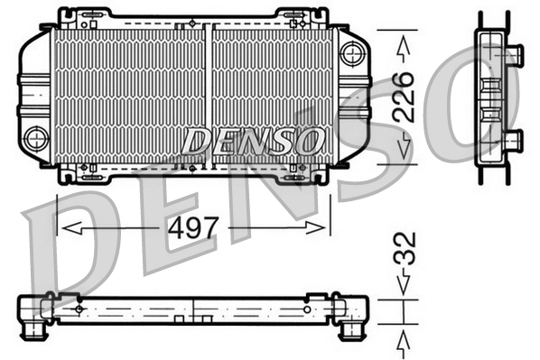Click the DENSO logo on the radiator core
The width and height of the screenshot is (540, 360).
(252, 141)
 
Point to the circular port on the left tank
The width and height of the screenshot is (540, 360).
(36, 138)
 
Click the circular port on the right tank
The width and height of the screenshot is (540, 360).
(352, 53)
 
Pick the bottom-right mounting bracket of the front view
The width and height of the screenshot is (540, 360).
(299, 173)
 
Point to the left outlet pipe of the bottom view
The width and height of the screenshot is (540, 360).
(33, 327)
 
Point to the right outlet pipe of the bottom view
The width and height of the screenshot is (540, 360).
(349, 328)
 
